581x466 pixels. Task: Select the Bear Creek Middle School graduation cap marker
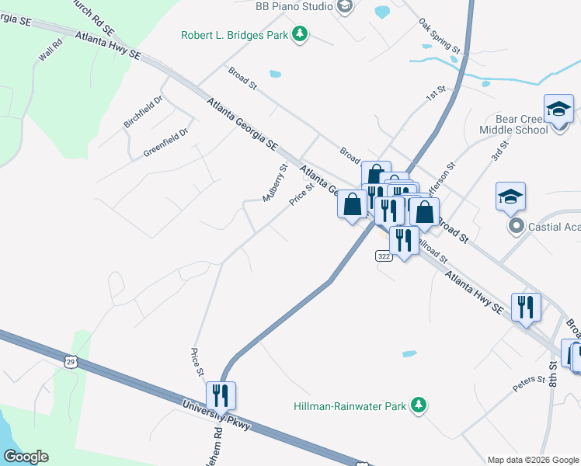(558, 110)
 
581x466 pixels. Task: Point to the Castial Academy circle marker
(515, 226)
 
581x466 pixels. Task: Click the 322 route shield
(383, 256)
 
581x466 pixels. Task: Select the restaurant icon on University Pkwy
(221, 395)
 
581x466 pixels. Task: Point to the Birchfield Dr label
(143, 113)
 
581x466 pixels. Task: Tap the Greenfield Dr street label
(165, 144)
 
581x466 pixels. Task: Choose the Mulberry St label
(275, 183)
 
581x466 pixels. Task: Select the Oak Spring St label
(440, 36)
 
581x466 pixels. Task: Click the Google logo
(26, 457)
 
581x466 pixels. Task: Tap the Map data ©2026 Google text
(532, 460)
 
